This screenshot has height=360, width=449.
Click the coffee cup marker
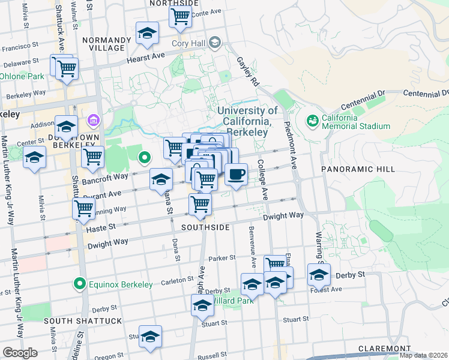[236, 175]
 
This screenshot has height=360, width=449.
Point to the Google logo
[20, 353]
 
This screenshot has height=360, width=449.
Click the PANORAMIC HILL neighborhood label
[350, 170]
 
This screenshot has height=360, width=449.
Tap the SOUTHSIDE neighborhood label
[206, 227]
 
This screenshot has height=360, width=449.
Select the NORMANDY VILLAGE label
[106, 44]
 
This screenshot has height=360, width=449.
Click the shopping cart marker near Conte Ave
[179, 17]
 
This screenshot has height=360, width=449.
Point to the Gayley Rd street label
[248, 71]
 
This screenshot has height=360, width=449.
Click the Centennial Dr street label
[426, 94]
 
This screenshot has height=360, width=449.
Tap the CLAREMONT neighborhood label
[384, 349]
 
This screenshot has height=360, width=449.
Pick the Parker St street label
[222, 258]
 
